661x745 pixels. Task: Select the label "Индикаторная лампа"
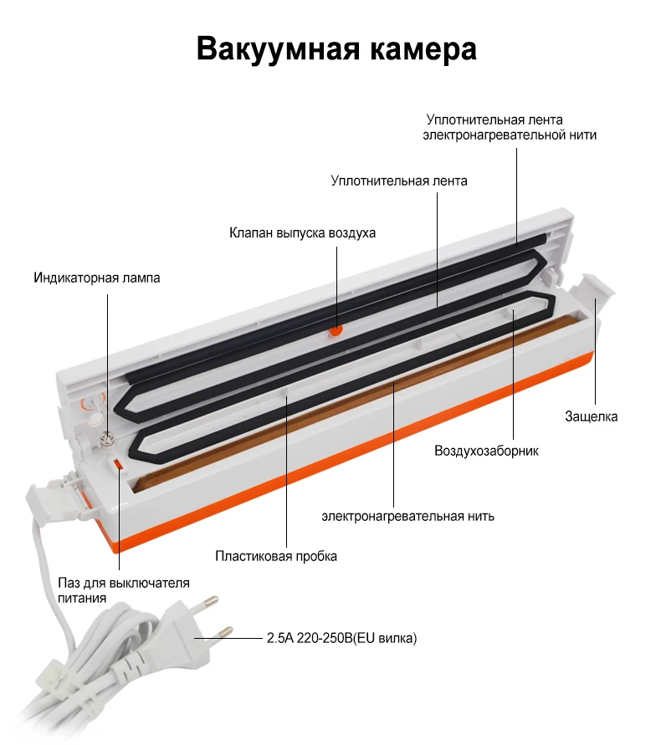pyautogui.click(x=96, y=278)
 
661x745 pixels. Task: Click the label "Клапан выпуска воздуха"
pyautogui.click(x=303, y=232)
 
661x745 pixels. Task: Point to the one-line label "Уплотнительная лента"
pyautogui.click(x=399, y=180)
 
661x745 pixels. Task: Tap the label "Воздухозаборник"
pyautogui.click(x=486, y=452)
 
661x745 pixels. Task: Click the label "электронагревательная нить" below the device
pyautogui.click(x=407, y=516)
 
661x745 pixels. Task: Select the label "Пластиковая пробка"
pyautogui.click(x=276, y=556)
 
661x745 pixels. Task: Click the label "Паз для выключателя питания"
pyautogui.click(x=123, y=590)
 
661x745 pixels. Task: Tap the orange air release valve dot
pyautogui.click(x=336, y=330)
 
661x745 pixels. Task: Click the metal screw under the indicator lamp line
pyautogui.click(x=108, y=436)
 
